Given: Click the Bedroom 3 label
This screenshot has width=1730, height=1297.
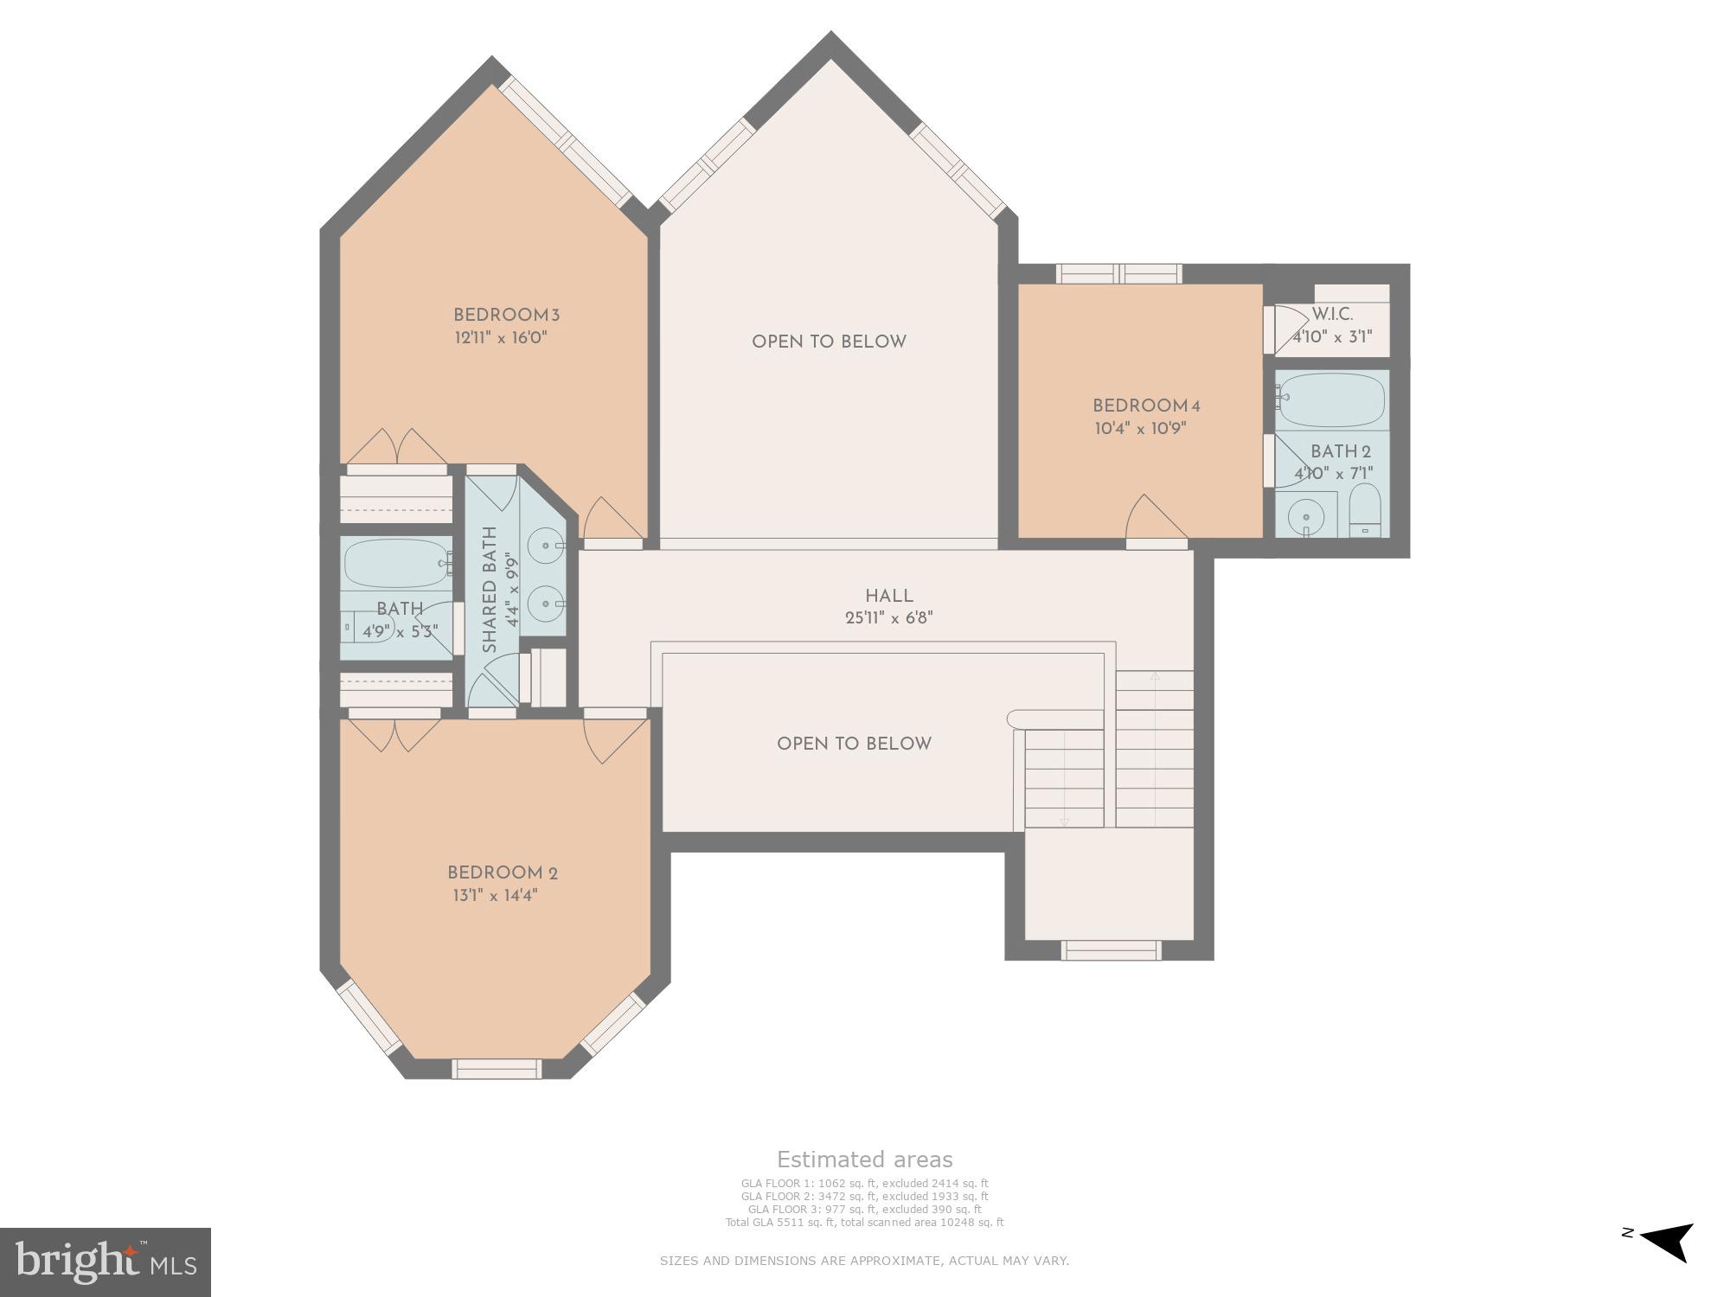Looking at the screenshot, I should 501,316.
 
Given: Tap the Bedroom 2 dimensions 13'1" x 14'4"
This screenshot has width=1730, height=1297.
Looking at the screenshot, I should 495,896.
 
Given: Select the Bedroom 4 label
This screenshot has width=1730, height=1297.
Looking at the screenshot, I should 1146,406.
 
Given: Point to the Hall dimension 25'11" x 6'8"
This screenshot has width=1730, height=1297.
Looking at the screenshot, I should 888,618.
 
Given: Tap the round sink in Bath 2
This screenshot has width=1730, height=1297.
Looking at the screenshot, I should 1305,518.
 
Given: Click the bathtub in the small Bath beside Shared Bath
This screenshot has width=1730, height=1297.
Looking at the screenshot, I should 394,563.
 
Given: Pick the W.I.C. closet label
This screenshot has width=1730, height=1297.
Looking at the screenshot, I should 1332,315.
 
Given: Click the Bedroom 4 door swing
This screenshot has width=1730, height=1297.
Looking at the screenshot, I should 1154,518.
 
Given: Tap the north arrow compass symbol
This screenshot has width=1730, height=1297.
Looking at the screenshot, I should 1665,1242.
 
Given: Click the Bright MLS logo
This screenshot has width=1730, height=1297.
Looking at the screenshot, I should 105,1262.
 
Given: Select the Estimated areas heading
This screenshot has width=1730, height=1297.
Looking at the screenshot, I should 864,1160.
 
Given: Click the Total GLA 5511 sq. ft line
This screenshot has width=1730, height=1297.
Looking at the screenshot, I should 864,1223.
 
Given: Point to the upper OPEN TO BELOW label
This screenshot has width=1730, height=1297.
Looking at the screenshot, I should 829,342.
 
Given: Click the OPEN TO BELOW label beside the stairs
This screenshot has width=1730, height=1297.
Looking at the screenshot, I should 854,744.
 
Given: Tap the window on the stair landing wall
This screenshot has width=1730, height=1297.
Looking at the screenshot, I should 1111,950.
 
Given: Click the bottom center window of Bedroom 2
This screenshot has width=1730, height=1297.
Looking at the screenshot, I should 497,1069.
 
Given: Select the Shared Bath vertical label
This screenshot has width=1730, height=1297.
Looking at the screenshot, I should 490,590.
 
